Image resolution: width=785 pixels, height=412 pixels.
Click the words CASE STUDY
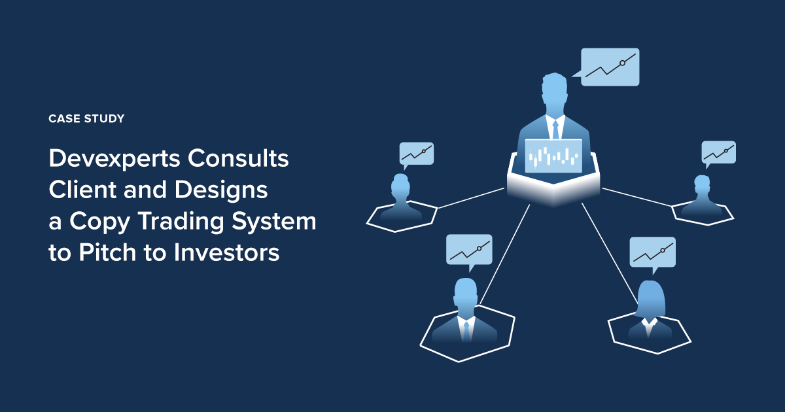[x=86, y=119]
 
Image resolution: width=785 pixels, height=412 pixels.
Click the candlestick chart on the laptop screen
[x=553, y=157]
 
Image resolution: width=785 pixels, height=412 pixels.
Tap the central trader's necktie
[x=555, y=129]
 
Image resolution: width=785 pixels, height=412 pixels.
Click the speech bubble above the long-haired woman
[x=652, y=252]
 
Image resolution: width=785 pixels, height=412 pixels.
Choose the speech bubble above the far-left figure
[x=417, y=154]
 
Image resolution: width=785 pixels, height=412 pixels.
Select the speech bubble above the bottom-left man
[x=469, y=249]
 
